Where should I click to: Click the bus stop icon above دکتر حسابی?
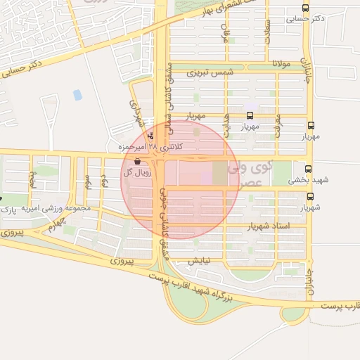(x=304, y=8)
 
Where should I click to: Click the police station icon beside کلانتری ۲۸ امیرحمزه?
(x=151, y=136)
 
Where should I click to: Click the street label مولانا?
(x=290, y=65)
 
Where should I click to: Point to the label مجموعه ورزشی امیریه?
(x=65, y=209)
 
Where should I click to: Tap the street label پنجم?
(x=32, y=179)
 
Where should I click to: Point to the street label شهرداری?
(x=136, y=112)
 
